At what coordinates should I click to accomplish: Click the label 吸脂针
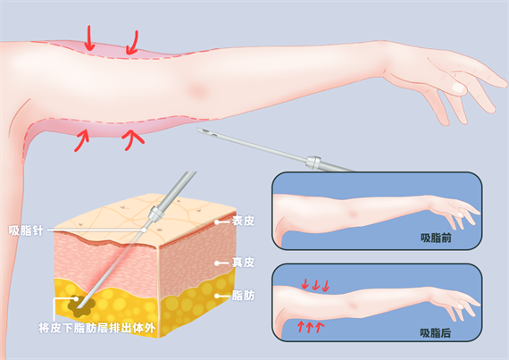click(26, 230)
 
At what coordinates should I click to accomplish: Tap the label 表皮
click(243, 221)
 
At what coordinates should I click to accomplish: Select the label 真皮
click(243, 263)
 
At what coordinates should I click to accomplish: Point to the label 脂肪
click(243, 296)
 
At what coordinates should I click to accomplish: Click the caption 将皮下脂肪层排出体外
click(96, 328)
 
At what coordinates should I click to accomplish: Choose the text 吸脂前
click(436, 238)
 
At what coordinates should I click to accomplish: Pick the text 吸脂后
click(436, 332)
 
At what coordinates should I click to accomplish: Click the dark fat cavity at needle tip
click(81, 306)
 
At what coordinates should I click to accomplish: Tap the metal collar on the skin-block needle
click(155, 213)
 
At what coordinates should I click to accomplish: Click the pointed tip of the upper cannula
click(198, 130)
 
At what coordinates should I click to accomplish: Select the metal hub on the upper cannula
click(313, 163)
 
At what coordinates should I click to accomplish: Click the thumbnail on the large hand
click(459, 88)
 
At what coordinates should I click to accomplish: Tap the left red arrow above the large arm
click(89, 38)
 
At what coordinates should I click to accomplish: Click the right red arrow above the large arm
click(133, 42)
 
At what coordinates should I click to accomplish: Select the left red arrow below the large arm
click(82, 140)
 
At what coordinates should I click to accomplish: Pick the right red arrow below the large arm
click(132, 139)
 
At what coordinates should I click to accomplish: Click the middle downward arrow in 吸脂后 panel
click(315, 285)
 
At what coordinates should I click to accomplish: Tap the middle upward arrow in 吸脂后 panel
click(309, 327)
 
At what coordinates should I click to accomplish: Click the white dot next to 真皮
click(217, 263)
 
